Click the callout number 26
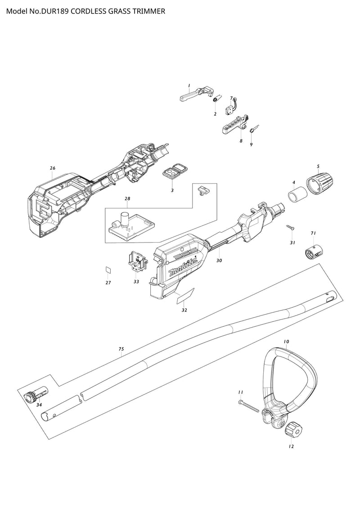(53, 168)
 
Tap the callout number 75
(121, 349)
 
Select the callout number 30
(219, 261)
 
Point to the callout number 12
(291, 446)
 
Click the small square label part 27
(108, 270)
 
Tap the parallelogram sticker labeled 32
(185, 296)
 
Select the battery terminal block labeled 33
(137, 262)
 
